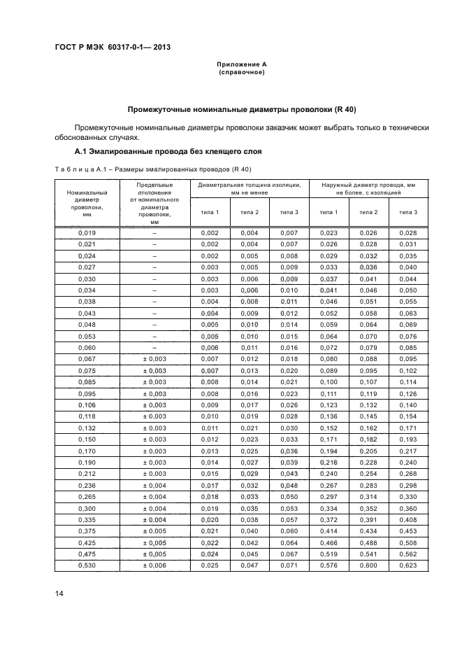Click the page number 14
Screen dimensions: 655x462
pyautogui.click(x=59, y=594)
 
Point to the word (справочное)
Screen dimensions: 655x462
pyautogui.click(x=242, y=73)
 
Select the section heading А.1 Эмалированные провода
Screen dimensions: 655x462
pyautogui.click(x=168, y=151)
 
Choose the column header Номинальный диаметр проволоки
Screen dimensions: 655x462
pyautogui.click(x=87, y=203)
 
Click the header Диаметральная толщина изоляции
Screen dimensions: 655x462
pyautogui.click(x=250, y=188)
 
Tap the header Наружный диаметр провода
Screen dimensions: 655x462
pyautogui.click(x=368, y=188)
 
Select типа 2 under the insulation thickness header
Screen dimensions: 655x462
pyautogui.click(x=250, y=212)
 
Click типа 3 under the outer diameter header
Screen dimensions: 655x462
pyautogui.click(x=408, y=212)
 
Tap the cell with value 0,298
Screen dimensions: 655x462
pyautogui.click(x=408, y=486)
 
